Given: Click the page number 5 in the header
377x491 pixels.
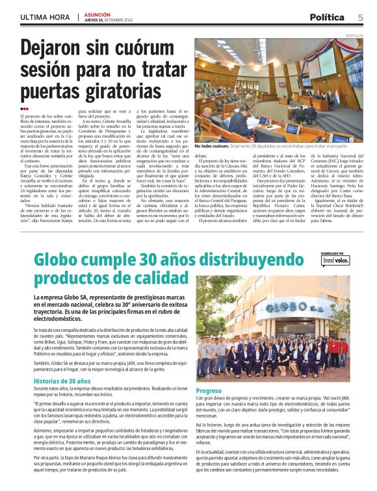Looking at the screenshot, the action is [360, 17].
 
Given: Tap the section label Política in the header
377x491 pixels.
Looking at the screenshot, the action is [329, 17].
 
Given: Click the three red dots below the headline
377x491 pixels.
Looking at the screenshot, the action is [24, 108].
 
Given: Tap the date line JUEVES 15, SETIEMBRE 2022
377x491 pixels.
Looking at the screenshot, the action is [97, 19].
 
